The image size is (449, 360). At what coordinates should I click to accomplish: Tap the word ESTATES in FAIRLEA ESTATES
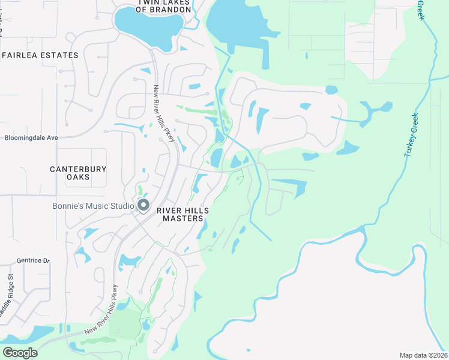tap(60, 55)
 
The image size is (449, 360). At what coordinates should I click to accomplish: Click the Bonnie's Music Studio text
tap(93, 206)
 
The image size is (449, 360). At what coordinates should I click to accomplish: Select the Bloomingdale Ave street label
tap(31, 137)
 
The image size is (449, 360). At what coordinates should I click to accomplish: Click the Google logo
tap(20, 352)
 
